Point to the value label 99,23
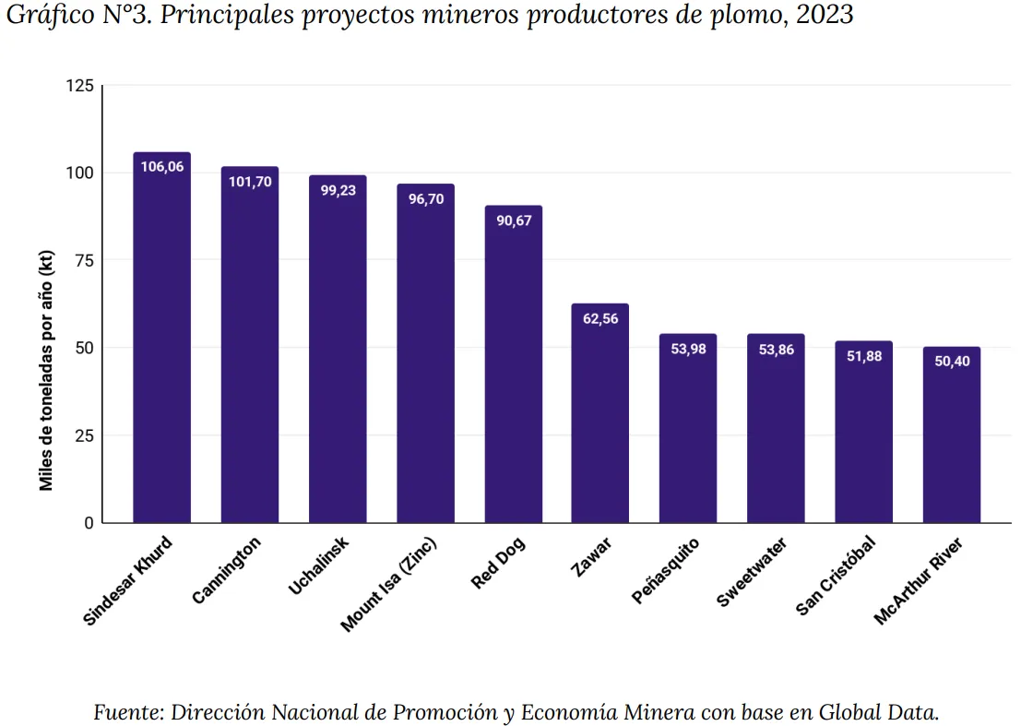tap(338, 190)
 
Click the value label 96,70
tap(426, 198)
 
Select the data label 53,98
tap(688, 349)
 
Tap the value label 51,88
tap(864, 356)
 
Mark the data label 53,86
tap(776, 350)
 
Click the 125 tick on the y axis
tap(80, 86)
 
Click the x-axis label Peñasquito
tap(666, 571)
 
